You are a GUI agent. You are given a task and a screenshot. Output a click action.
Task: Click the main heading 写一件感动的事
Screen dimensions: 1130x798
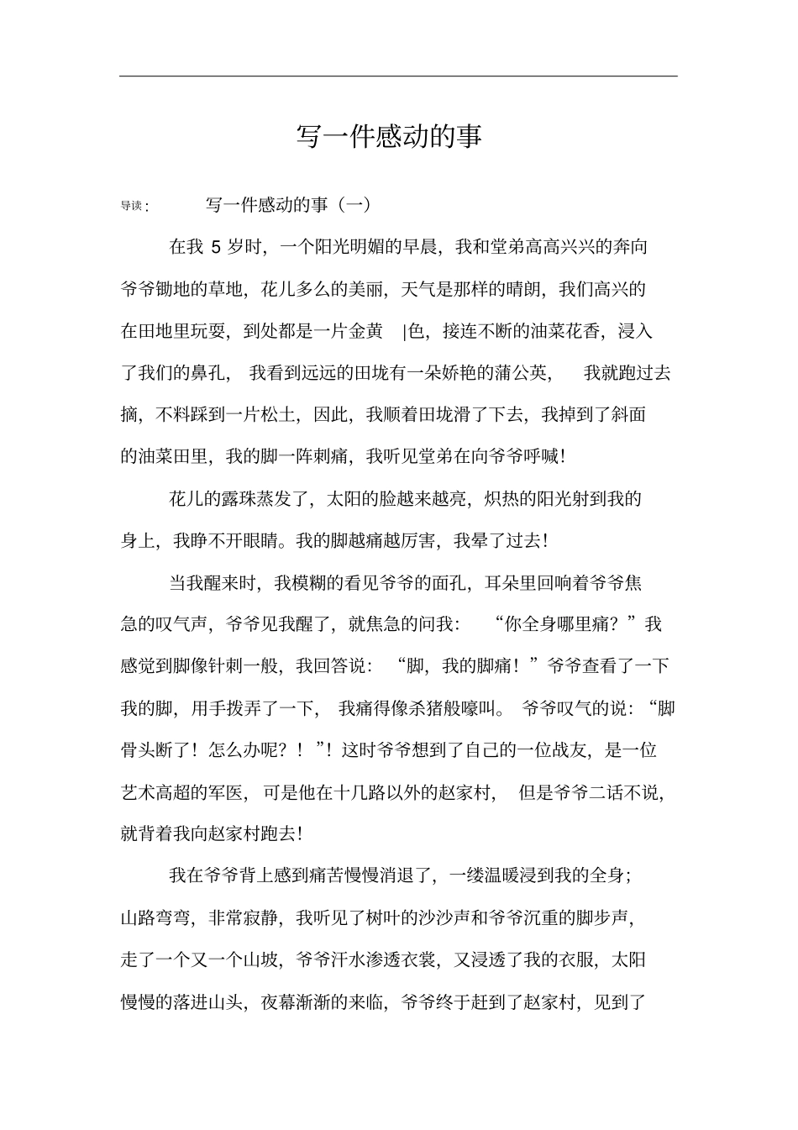[389, 136]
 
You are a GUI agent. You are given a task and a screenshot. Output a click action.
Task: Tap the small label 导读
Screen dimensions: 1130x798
[132, 206]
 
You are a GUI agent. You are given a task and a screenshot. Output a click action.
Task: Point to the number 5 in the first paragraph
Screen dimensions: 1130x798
[216, 247]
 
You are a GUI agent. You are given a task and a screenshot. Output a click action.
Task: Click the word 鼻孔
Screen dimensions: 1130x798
[208, 372]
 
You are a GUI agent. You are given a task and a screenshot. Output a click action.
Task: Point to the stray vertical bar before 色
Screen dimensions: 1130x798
[404, 331]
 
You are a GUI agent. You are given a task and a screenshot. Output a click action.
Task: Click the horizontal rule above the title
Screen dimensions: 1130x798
[398, 76]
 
